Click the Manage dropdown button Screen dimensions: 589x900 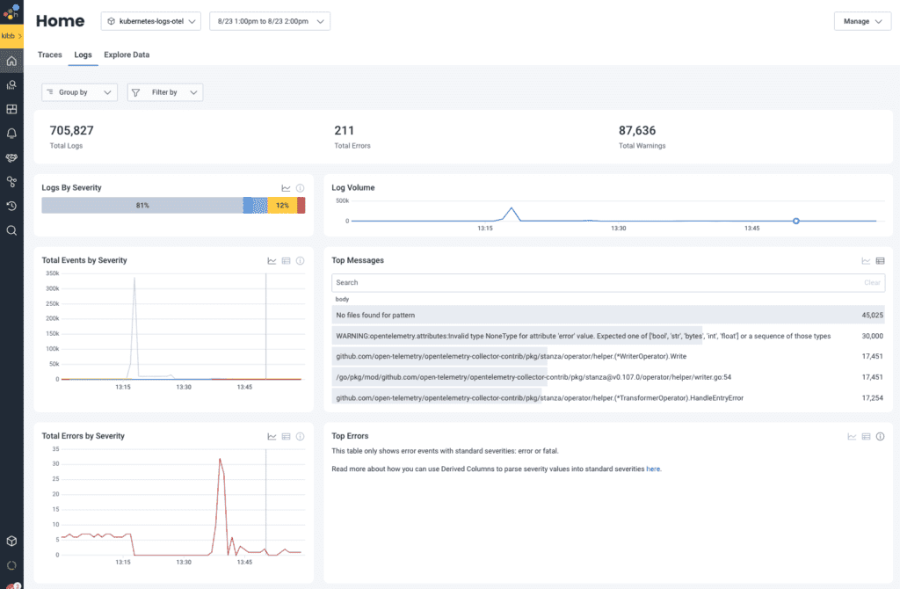click(x=861, y=22)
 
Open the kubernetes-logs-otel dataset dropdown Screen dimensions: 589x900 click(x=151, y=22)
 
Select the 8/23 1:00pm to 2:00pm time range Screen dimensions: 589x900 click(x=269, y=22)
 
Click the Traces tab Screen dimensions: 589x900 click(x=50, y=55)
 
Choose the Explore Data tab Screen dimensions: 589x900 click(x=127, y=55)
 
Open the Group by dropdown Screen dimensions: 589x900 click(x=79, y=92)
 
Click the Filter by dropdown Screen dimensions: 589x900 click(x=165, y=92)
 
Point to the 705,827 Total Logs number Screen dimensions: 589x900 click(x=71, y=130)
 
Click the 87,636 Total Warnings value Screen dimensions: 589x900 click(x=642, y=130)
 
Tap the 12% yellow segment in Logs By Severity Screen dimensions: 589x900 click(x=281, y=205)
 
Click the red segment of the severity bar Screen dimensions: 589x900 click(x=301, y=205)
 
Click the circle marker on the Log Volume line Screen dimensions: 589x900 click(x=795, y=221)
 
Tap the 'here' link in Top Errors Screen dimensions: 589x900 click(x=653, y=469)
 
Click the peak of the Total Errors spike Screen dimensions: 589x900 click(x=220, y=459)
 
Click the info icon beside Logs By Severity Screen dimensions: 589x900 click(x=301, y=188)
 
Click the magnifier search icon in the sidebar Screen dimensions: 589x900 click(x=11, y=230)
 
